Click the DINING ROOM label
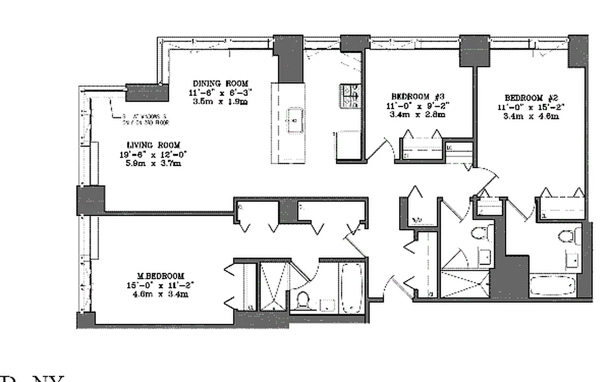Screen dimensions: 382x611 [221, 83]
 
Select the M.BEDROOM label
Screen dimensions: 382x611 [160, 276]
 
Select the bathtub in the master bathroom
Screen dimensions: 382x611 [352, 288]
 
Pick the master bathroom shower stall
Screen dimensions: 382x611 [274, 286]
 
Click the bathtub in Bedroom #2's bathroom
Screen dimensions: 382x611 [553, 286]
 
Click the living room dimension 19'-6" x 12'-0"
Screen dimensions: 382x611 [153, 154]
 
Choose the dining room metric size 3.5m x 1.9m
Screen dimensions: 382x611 [221, 101]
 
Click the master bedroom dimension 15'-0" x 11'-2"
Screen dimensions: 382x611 [160, 285]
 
